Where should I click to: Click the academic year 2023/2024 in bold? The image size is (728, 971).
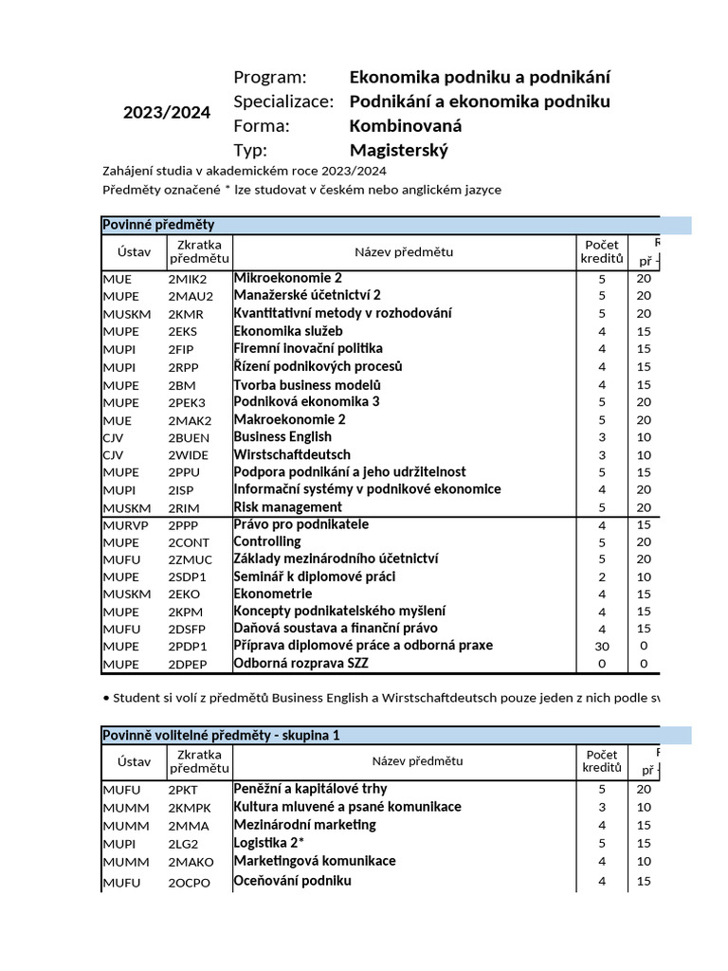click(x=167, y=113)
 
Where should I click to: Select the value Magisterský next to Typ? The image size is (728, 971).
click(x=398, y=150)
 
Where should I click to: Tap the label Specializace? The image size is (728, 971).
click(x=283, y=101)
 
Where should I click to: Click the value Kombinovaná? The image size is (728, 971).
click(x=407, y=126)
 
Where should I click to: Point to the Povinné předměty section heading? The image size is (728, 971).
click(x=158, y=225)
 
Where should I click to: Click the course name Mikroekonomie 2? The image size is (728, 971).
click(x=288, y=279)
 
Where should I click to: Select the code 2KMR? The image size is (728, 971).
click(x=186, y=314)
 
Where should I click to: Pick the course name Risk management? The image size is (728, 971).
click(x=288, y=507)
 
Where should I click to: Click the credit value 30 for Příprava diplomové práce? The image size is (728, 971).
click(x=601, y=646)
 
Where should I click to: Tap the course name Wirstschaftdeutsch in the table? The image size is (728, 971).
click(x=292, y=455)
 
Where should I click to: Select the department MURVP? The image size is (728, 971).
click(x=124, y=525)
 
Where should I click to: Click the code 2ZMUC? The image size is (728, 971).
click(x=190, y=560)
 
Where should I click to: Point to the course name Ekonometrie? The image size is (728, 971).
click(x=273, y=595)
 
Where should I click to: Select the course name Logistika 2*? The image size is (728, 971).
click(x=268, y=843)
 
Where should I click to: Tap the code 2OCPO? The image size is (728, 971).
click(x=190, y=883)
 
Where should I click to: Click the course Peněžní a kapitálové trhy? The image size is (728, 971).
click(x=310, y=789)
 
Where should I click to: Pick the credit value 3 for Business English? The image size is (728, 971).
click(x=601, y=437)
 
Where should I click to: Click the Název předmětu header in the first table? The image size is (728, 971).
click(x=404, y=251)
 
